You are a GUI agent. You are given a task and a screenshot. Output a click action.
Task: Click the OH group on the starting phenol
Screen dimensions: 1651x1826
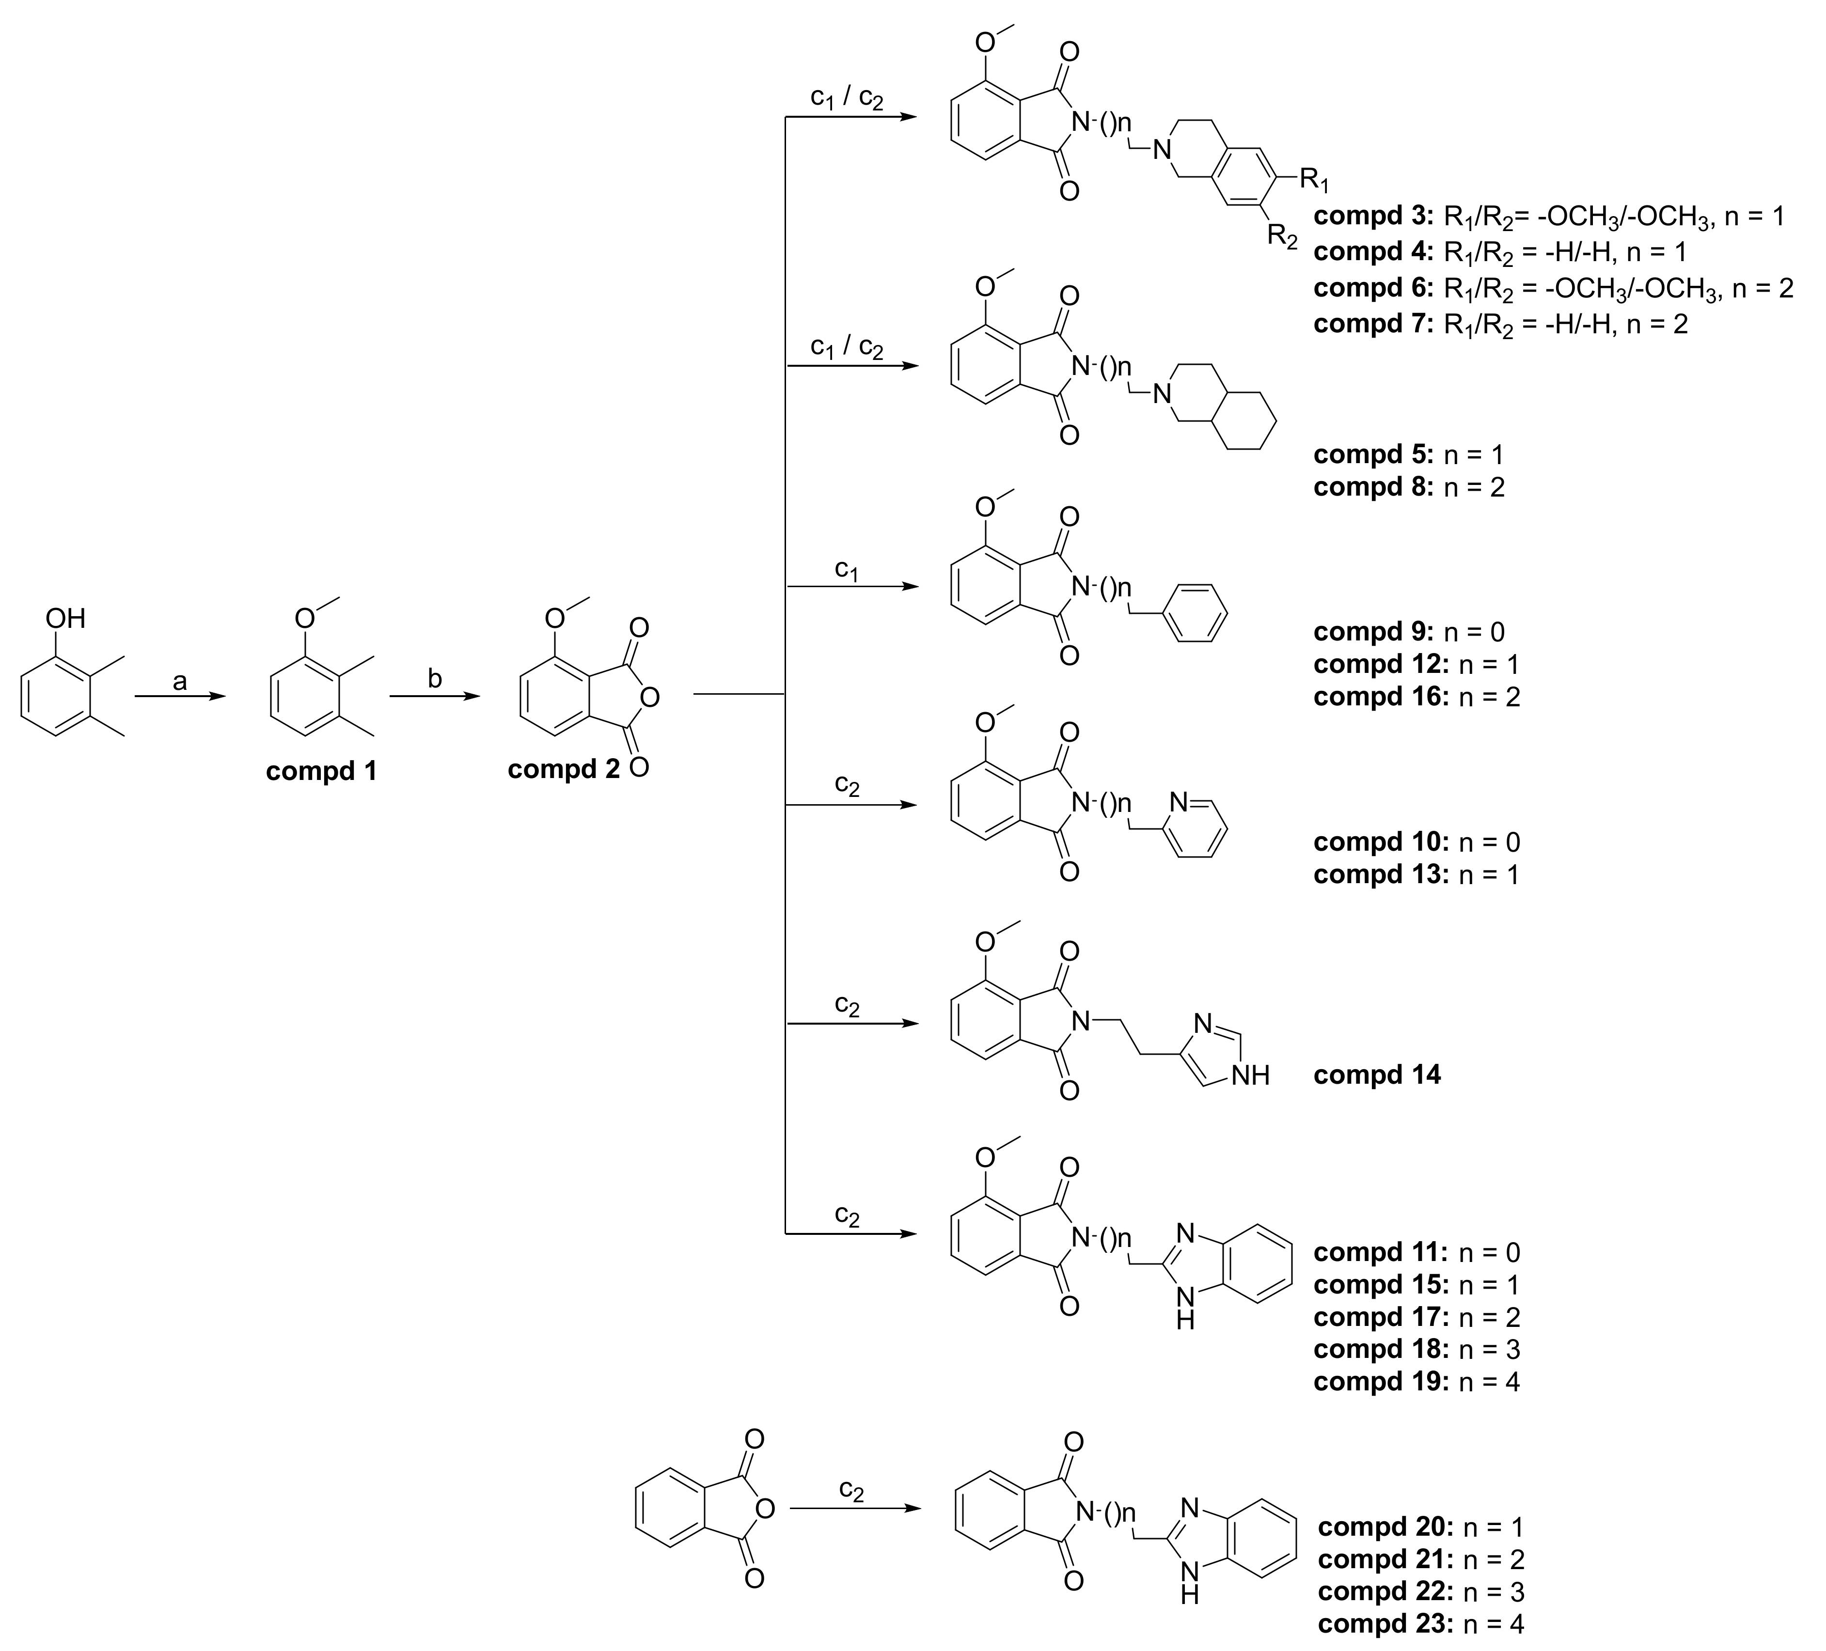(x=65, y=619)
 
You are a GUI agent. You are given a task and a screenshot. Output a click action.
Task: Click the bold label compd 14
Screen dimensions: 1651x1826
(x=1377, y=1075)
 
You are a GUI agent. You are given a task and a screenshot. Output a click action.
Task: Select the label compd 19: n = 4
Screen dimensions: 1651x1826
(x=1416, y=1381)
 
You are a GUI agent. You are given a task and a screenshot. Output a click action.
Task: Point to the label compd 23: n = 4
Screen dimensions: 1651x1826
(x=1420, y=1624)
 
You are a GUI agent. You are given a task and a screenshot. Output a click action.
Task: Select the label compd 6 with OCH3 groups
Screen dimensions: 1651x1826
(x=1553, y=288)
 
